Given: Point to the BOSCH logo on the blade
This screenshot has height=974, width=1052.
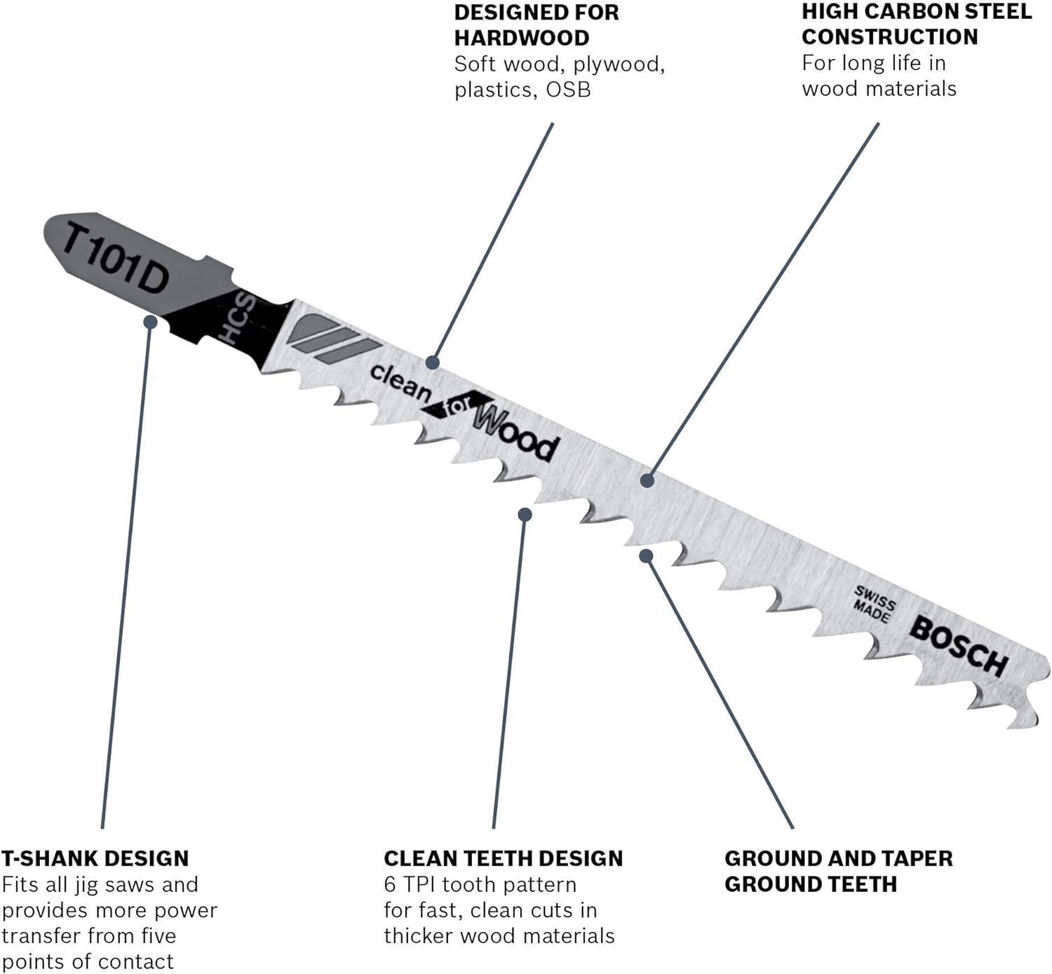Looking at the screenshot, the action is [959, 647].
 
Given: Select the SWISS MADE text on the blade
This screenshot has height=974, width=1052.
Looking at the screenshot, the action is [874, 604].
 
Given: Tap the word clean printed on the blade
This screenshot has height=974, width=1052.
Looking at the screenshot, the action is [400, 382].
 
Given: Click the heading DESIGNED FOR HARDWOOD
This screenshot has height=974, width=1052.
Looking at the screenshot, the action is [537, 25].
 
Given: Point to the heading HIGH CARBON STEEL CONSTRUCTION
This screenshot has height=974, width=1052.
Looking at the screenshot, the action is [917, 24].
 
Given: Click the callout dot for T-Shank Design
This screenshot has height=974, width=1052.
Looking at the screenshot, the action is [151, 321].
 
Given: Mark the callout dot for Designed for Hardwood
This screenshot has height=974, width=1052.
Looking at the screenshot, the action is [433, 363].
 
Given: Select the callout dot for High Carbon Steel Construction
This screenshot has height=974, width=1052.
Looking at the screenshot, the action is [647, 480].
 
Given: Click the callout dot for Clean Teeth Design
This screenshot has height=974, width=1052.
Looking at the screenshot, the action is [525, 514].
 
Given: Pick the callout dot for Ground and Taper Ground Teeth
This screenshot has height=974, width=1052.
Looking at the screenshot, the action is [646, 556].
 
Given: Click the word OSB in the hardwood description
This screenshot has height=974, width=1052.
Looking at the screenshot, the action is [568, 90].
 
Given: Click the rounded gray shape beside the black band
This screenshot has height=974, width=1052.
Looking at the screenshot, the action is [313, 328].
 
